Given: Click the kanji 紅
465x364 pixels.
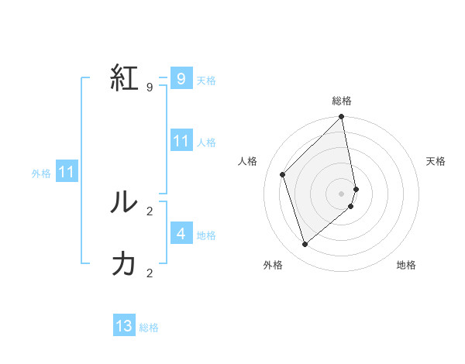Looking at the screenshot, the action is coord(125,79).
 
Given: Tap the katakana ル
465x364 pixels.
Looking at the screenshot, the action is coord(124,202).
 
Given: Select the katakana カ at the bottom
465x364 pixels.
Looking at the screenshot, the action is coord(124,264).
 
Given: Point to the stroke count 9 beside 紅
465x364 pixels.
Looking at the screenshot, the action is coord(149,87).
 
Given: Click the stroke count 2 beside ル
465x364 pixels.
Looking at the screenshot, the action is coord(149,211).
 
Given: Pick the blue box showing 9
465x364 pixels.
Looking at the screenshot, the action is coord(181,79).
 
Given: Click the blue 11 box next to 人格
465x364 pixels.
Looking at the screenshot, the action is coord(181,141).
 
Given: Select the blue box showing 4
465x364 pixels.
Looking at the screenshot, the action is coord(181,233).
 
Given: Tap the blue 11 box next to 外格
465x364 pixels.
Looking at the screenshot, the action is coord(66,172).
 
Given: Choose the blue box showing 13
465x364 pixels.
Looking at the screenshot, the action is coord(124,326).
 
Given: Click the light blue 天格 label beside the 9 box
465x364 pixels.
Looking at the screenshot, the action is coord(205,81).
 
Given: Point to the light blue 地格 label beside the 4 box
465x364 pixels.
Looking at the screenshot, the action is coord(205,235).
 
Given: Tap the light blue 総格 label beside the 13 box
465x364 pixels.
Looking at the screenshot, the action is coord(149,328).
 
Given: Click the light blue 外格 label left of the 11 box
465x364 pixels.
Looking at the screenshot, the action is coord(41,173).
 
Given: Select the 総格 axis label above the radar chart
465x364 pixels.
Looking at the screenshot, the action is coord(342,101).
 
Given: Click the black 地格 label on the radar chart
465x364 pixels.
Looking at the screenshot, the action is coord(406,265).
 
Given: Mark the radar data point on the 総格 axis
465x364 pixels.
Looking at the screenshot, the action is coord(342,117).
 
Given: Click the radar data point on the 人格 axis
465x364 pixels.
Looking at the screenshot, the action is coord(283,174).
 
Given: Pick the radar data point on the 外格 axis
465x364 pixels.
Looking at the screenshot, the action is coord(305,244).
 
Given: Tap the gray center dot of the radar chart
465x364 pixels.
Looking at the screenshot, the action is coord(342,193).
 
